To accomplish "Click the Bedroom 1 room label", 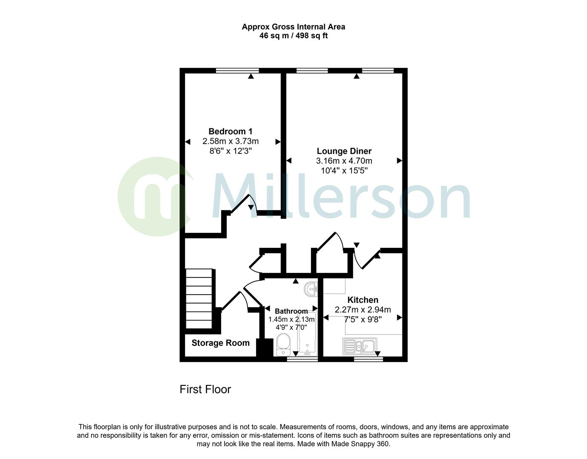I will [230, 131].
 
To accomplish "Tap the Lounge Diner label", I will [344, 151].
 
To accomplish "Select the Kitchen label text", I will [362, 300].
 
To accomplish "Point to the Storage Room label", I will [220, 343].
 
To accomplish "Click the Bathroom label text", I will [291, 311].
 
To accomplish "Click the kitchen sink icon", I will [359, 346].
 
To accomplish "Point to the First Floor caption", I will [205, 389].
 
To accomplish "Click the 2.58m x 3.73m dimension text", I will [230, 141].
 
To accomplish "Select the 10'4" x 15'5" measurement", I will [344, 171].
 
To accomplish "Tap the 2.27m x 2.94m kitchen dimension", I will [362, 310].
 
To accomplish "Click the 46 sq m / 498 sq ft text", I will [293, 36].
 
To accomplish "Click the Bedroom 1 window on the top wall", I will [237, 71].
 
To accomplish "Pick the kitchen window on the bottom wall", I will [368, 359].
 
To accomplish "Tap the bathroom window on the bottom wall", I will [302, 359].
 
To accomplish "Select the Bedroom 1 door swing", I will [245, 203].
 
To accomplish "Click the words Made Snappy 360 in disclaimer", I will [365, 444].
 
